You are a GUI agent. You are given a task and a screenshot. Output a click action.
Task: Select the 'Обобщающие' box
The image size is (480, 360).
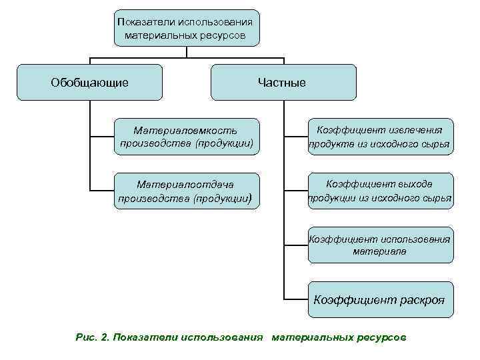click(x=90, y=82)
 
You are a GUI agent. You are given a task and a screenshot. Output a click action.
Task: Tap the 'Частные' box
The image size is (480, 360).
click(x=283, y=82)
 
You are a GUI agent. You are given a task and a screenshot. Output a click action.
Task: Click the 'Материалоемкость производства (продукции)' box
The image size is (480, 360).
click(x=185, y=137)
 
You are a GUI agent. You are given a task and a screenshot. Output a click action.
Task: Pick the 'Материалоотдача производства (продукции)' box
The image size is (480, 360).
click(x=185, y=191)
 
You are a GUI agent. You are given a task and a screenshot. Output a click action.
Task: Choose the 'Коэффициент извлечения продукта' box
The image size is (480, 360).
click(x=379, y=137)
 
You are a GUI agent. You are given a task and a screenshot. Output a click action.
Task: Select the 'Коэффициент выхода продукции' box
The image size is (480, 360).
click(x=379, y=191)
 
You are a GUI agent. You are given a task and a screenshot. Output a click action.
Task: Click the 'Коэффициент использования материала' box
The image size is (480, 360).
click(x=379, y=245)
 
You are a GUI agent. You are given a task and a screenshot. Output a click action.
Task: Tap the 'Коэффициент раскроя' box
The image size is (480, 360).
click(x=379, y=299)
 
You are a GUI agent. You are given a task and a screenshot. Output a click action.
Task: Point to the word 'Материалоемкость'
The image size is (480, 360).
click(x=185, y=130)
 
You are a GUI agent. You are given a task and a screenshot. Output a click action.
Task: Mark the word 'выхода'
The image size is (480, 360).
click(x=416, y=183)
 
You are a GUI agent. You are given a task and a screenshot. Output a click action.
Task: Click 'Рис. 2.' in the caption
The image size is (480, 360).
click(x=92, y=337)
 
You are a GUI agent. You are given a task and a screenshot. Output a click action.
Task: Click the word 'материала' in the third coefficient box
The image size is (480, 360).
click(x=379, y=252)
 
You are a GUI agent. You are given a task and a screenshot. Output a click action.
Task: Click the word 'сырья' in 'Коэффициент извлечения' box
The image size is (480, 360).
click(x=434, y=144)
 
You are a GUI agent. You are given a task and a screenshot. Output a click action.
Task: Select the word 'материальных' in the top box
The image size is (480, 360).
click(x=162, y=34)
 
